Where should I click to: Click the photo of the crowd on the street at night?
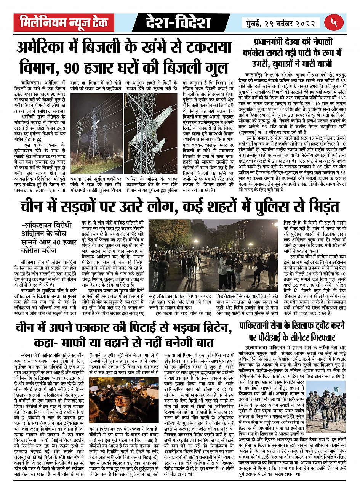click(x=213, y=255)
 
